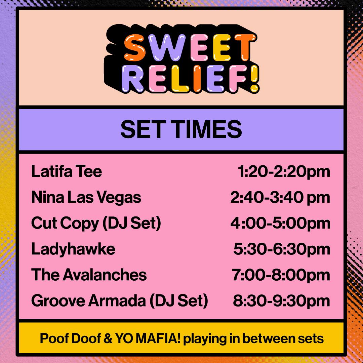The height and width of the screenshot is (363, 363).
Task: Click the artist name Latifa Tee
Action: coord(67,171)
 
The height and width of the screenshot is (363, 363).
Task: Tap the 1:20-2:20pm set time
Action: coord(284,172)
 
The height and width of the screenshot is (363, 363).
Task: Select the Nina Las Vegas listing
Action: coord(86,198)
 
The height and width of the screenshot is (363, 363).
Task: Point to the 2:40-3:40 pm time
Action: coord(280,198)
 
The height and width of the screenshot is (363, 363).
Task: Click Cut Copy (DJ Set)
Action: coord(96,224)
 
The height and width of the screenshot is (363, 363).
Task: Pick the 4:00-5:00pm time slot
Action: coord(280,224)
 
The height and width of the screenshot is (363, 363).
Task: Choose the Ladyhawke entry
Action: coord(73,249)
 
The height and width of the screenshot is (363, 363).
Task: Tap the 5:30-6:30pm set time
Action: coord(282,249)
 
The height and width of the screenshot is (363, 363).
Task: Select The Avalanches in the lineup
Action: coord(89,275)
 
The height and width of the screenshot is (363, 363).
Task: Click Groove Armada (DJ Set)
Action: coord(120,301)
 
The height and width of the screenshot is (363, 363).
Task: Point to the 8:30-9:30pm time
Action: coord(282,301)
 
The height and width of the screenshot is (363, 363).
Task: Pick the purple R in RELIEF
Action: coord(133,78)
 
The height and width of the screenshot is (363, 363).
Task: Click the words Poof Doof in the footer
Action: coord(70,339)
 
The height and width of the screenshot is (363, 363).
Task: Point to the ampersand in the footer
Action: coord(108,339)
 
